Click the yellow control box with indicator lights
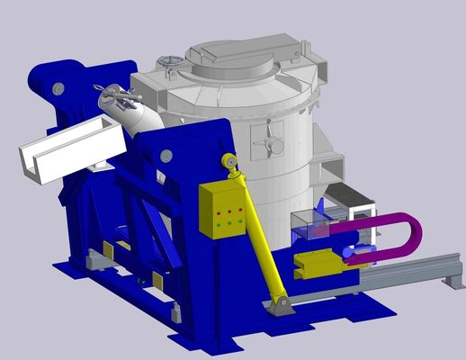pyautogui.click(x=221, y=210)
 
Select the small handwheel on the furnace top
pyautogui.click(x=168, y=64)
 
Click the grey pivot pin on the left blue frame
pyautogui.click(x=58, y=88)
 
